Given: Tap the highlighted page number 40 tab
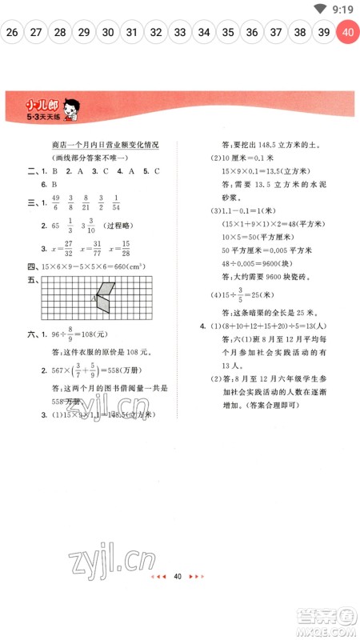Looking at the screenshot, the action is [347, 33].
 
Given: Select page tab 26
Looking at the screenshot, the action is [12, 33].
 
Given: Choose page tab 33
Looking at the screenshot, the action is [180, 33].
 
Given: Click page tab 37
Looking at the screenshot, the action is [276, 33].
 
